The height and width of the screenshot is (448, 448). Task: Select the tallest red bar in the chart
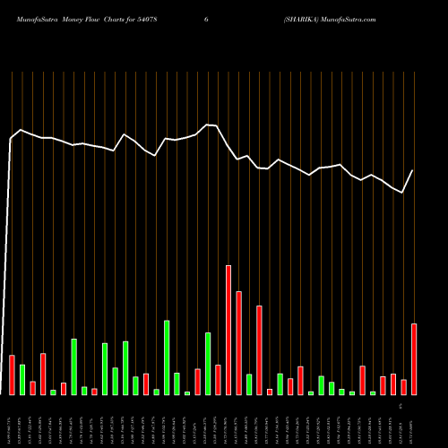point(228,330)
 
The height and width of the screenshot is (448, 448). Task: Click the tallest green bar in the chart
point(167,358)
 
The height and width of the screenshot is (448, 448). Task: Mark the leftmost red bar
point(12,375)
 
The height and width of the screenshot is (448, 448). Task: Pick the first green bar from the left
point(22,379)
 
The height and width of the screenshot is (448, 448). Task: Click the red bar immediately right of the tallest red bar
point(238,342)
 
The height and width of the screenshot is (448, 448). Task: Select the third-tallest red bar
point(259,349)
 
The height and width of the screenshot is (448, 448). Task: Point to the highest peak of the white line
point(207,125)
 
